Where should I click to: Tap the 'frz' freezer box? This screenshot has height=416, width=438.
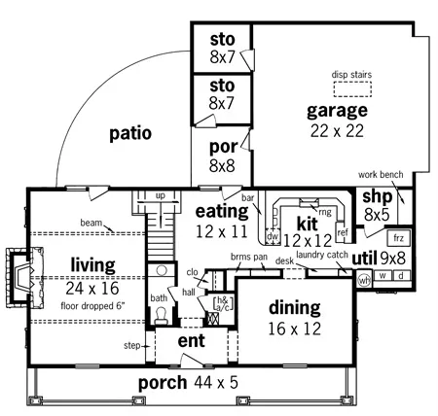point(397,237)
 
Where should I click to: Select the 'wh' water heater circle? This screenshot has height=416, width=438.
point(363,280)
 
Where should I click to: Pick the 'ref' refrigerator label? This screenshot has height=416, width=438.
point(342,233)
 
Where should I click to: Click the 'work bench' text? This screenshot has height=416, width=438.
point(381,175)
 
